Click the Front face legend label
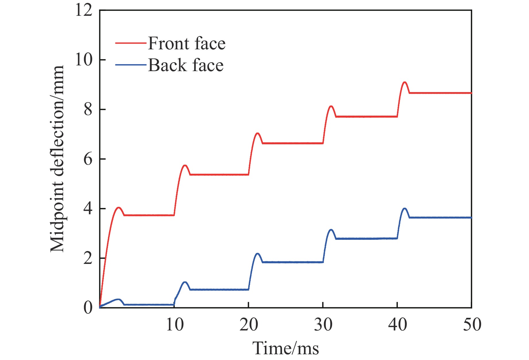pyautogui.click(x=187, y=44)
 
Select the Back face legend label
pyautogui.click(x=186, y=65)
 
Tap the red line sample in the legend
pyautogui.click(x=131, y=43)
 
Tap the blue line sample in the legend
pyautogui.click(x=131, y=65)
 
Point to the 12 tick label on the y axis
pyautogui.click(x=84, y=11)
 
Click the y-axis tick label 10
pyautogui.click(x=84, y=60)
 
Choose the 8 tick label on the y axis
pyautogui.click(x=88, y=110)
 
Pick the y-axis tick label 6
pyautogui.click(x=88, y=159)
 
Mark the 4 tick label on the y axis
pyautogui.click(x=88, y=209)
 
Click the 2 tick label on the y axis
pyautogui.click(x=88, y=258)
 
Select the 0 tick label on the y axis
pyautogui.click(x=88, y=308)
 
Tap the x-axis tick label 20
pyautogui.click(x=249, y=325)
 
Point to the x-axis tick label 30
pyautogui.click(x=323, y=325)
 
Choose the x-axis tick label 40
pyautogui.click(x=398, y=325)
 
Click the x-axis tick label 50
pyautogui.click(x=472, y=325)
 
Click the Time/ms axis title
pyautogui.click(x=286, y=349)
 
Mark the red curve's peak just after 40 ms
pyautogui.click(x=405, y=82)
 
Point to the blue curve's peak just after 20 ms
pyautogui.click(x=257, y=254)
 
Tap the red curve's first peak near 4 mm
pyautogui.click(x=119, y=207)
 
